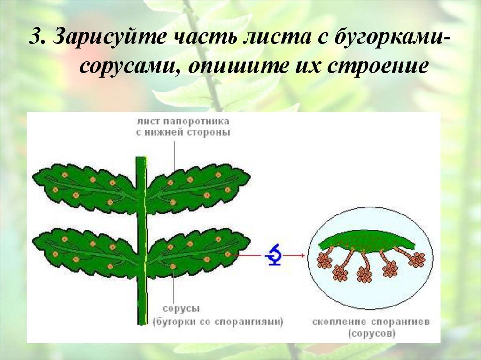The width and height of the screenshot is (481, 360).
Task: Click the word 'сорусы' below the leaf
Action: pos(181,309)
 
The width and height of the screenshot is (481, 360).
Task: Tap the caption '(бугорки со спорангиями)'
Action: pos(217,322)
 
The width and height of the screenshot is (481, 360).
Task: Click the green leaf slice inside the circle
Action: pos(367,241)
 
